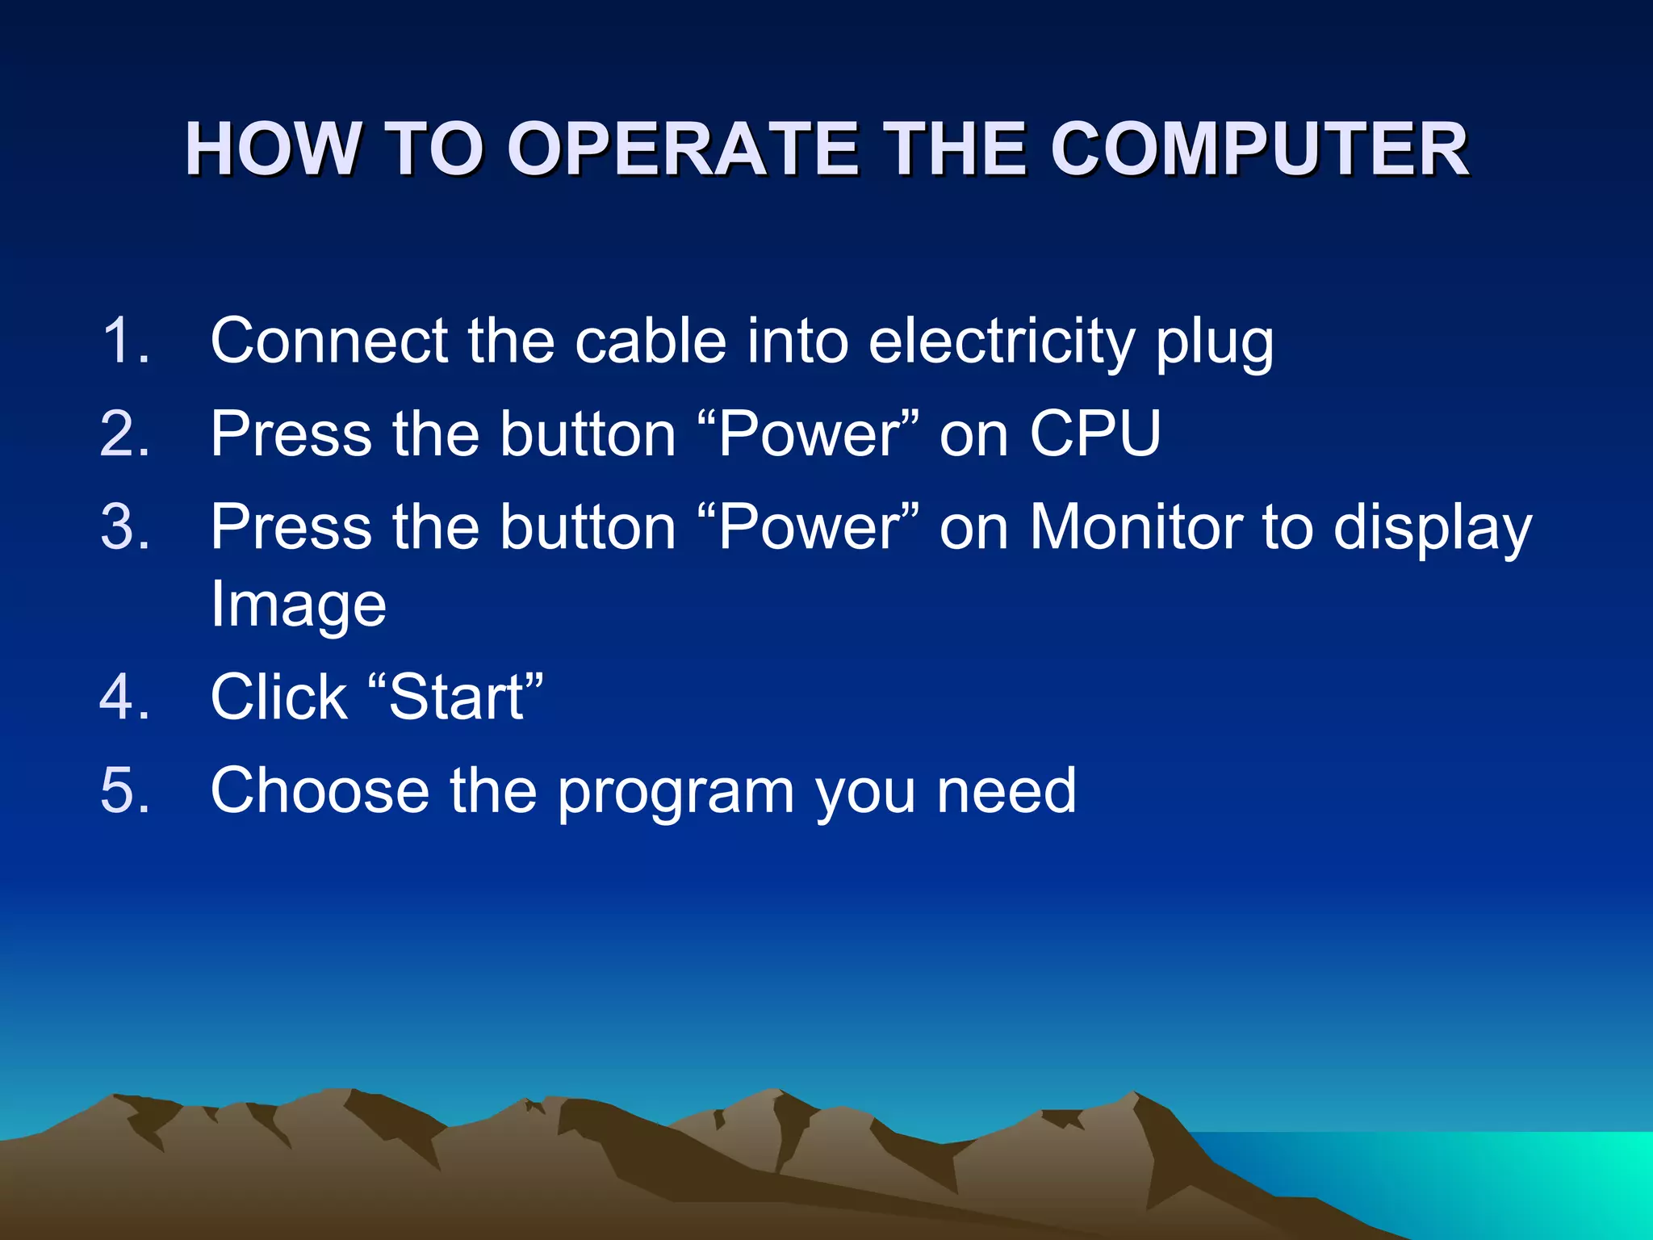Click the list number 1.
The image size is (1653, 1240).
pyautogui.click(x=124, y=341)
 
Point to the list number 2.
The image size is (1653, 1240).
pyautogui.click(x=124, y=434)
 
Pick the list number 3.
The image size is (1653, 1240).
pyautogui.click(x=124, y=527)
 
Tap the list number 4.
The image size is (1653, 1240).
pyautogui.click(x=124, y=697)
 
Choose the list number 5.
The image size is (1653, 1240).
pyautogui.click(x=124, y=790)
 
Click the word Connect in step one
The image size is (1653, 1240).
pyautogui.click(x=329, y=341)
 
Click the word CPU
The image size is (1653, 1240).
pyautogui.click(x=1095, y=434)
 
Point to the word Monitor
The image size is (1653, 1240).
pyautogui.click(x=1136, y=527)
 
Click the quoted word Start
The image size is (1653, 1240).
pyautogui.click(x=456, y=697)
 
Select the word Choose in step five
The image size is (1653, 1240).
pyautogui.click(x=320, y=790)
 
